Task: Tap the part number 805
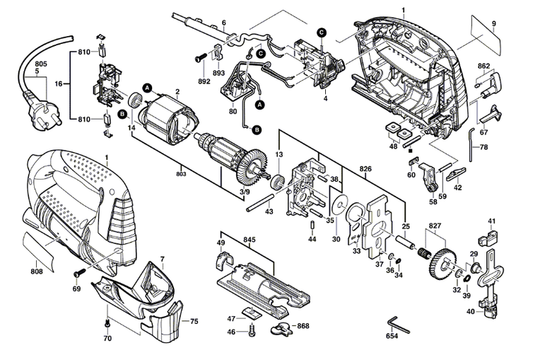pos(41,64)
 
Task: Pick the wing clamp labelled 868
pos(281,327)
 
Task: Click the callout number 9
pos(493,25)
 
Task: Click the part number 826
pos(365,170)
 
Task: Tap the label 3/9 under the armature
pos(244,192)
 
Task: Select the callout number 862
pos(484,66)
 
